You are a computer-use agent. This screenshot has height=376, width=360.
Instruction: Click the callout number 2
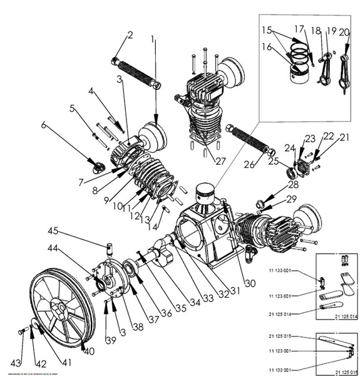pos(130,35)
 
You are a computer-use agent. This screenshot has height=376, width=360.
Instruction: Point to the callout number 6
pos(44,125)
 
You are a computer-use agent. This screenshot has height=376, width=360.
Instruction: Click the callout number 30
pos(250,283)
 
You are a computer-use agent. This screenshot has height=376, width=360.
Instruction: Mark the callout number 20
pos(344,33)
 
